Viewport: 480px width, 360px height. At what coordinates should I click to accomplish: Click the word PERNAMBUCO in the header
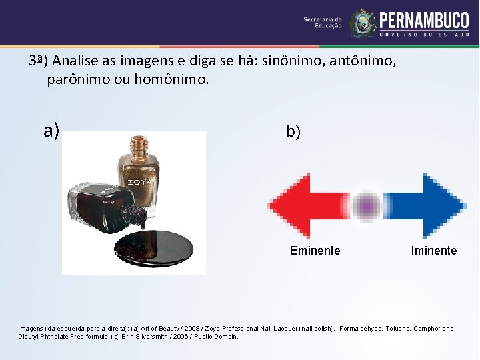click(x=424, y=19)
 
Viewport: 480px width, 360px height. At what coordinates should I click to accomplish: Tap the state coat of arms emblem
click(x=363, y=23)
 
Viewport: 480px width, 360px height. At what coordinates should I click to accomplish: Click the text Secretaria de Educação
click(x=323, y=23)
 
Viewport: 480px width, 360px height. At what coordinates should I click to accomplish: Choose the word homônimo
click(x=172, y=80)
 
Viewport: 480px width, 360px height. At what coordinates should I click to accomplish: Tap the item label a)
click(x=51, y=130)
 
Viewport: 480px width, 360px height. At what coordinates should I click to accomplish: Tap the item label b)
click(x=293, y=132)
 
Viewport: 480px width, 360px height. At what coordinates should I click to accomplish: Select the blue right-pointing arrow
click(x=427, y=205)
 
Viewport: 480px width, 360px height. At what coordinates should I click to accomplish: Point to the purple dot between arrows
click(x=366, y=205)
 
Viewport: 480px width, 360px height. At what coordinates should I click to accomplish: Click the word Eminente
click(x=315, y=251)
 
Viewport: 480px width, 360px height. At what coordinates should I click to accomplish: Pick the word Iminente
click(x=434, y=251)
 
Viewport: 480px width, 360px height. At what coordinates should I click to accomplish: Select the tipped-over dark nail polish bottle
click(x=100, y=207)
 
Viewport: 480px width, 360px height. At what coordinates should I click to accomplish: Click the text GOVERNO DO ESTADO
click(x=424, y=35)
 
